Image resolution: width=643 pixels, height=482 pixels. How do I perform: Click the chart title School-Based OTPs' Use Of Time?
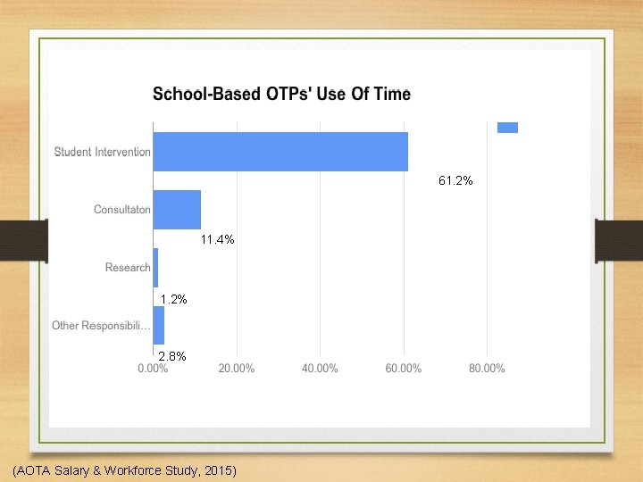point(281,94)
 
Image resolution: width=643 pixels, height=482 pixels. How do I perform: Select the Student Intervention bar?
point(280,152)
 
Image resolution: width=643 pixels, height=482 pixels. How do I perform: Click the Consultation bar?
point(177,210)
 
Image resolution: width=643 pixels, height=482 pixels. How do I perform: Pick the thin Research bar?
point(155,268)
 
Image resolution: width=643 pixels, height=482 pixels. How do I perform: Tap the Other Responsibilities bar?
point(159,325)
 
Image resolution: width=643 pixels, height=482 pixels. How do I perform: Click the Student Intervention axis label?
point(103,152)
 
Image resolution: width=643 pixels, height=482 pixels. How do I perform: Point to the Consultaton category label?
point(122,210)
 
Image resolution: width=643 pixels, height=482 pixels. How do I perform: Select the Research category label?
point(128,268)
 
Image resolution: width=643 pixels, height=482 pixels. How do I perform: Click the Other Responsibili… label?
point(101,326)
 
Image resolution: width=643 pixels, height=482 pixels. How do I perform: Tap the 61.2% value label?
point(455,181)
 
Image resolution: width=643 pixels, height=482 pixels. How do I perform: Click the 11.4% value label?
point(217,239)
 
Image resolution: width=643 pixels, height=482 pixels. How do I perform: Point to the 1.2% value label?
point(173,299)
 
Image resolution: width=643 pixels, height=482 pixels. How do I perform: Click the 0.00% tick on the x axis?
point(154,369)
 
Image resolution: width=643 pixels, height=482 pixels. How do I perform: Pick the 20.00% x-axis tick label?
point(237,369)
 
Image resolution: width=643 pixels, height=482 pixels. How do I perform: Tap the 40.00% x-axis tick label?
point(320,369)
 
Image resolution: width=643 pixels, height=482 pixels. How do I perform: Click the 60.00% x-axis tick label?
point(403,369)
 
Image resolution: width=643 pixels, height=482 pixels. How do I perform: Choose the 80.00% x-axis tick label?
point(487,369)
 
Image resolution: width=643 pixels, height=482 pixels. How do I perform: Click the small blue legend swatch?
point(507,128)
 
